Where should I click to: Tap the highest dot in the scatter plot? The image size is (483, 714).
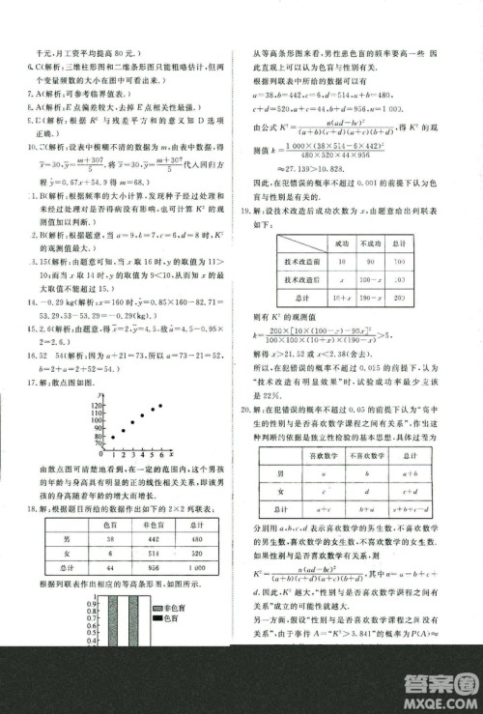click(x=159, y=407)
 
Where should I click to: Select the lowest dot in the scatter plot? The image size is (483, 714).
click(x=112, y=437)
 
